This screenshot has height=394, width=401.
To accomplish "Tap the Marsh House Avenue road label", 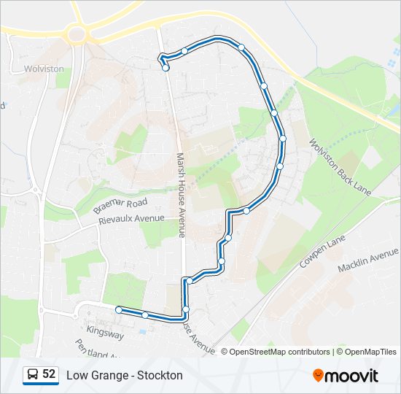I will pyautogui.click(x=181, y=194).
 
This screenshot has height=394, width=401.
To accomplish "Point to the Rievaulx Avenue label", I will pyautogui.click(x=132, y=217).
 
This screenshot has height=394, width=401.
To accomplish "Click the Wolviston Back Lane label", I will pyautogui.click(x=340, y=168).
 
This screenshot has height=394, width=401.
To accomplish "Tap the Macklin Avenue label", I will pyautogui.click(x=368, y=259).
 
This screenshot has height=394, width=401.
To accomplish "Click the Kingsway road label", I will pyautogui.click(x=105, y=336).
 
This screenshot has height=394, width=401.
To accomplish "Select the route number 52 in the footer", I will pyautogui.click(x=49, y=374).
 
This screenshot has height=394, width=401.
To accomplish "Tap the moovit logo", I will pyautogui.click(x=346, y=376).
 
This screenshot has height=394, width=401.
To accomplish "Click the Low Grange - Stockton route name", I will pyautogui.click(x=125, y=375).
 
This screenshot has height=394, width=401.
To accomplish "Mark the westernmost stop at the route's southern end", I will pyautogui.click(x=119, y=309).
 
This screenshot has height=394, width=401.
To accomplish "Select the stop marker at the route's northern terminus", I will pyautogui.click(x=166, y=68).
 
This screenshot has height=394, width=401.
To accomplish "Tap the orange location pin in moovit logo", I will pyautogui.click(x=319, y=376).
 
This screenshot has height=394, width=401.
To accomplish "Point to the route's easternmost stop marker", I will pyautogui.click(x=282, y=139).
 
